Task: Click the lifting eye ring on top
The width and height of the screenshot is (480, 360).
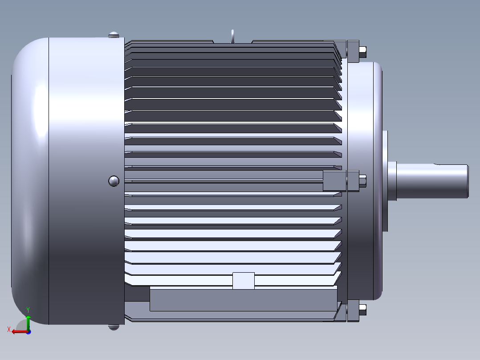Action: coord(232,36)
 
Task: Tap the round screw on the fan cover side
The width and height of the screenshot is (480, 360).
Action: coord(114,181)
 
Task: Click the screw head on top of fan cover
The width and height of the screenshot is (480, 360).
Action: coord(114,35)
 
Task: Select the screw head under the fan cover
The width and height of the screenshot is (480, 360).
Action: coord(114,327)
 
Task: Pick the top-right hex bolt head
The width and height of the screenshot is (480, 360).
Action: coord(363,52)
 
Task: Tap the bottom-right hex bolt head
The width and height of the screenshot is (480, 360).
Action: coord(363,310)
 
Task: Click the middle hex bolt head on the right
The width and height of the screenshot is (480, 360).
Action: coord(363,181)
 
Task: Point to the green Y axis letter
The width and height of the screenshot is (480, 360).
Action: coord(28,310)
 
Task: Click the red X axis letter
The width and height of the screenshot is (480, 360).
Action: coord(9,329)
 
